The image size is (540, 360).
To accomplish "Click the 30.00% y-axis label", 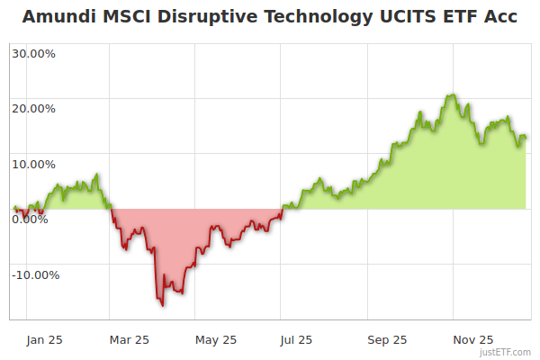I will point(33,53).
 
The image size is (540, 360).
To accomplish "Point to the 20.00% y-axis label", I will point(33,109).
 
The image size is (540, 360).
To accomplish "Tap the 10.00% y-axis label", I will point(33,165).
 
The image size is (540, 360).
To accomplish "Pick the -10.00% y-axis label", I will point(36,275).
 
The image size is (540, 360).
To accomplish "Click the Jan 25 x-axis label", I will point(44,339).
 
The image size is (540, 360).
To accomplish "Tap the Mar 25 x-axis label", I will point(129,339).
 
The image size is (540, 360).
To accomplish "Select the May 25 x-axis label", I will point(216,339).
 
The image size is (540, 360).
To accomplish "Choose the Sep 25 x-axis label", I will point(387,339).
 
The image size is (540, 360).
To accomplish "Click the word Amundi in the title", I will point(59,17).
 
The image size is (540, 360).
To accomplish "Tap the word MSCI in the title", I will point(131,17).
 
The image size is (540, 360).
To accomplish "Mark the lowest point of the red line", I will point(163,305).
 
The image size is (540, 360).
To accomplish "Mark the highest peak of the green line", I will point(453,94).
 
